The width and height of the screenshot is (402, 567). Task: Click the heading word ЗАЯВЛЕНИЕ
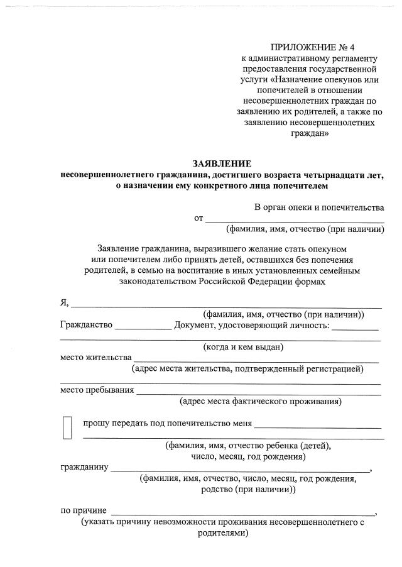click(x=221, y=164)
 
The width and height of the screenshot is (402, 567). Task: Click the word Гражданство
click(x=86, y=325)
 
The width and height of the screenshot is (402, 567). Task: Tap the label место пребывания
click(x=97, y=390)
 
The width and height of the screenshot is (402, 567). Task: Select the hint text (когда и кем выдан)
click(x=243, y=346)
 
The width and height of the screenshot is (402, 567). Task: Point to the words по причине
click(x=84, y=510)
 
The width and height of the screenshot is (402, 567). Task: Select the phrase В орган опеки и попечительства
click(x=319, y=207)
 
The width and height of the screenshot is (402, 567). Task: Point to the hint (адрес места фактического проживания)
click(x=261, y=401)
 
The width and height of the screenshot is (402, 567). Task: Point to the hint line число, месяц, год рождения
click(x=247, y=457)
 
